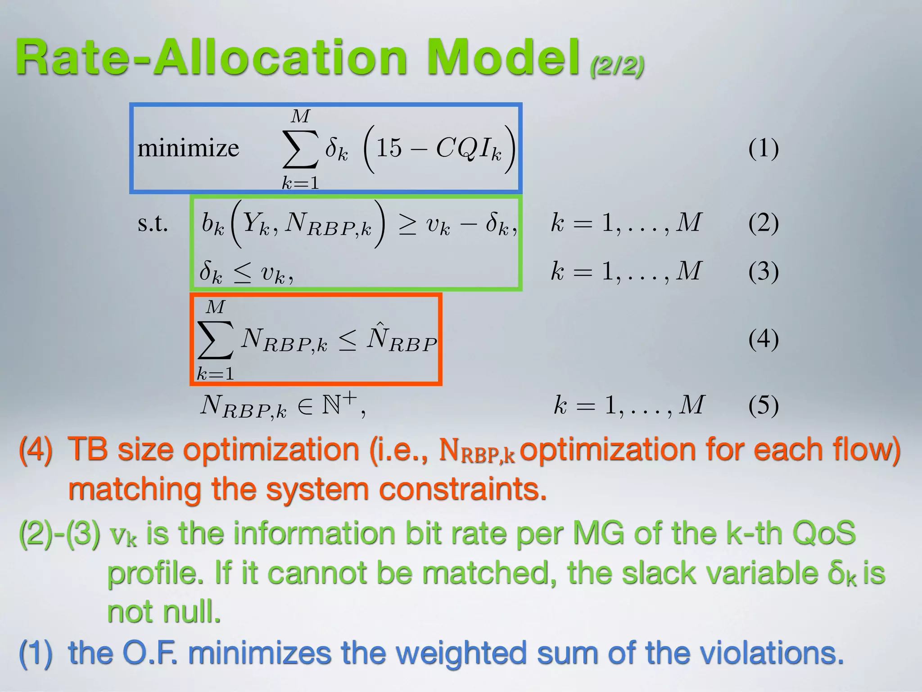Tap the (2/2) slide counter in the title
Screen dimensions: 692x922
(x=617, y=66)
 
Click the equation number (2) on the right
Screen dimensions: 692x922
(x=764, y=223)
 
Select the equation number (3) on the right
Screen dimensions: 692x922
(x=764, y=271)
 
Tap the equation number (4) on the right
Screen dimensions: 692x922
(x=764, y=338)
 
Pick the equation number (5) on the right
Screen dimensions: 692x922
(x=764, y=405)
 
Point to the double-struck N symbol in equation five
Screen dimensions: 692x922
(x=331, y=405)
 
